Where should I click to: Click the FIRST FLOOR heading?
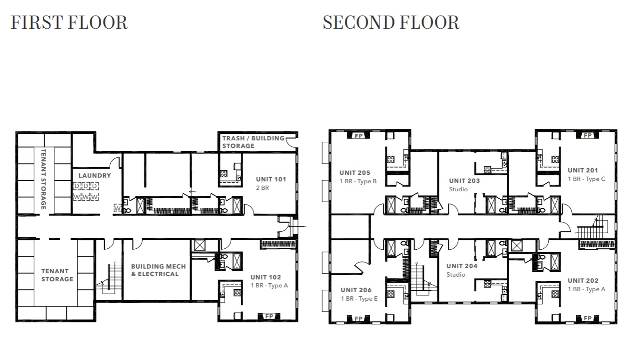[x=69, y=23]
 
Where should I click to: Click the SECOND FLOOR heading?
[x=390, y=23]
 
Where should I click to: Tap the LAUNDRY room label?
[x=95, y=175]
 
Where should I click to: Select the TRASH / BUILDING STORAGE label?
[x=253, y=142]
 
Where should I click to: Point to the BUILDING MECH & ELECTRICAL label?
[x=158, y=270]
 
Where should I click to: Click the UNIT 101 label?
[x=271, y=179]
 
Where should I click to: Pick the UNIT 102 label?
[x=266, y=278]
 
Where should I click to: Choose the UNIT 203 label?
[x=464, y=180]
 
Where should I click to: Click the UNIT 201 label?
[x=583, y=171]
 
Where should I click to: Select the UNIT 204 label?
[x=462, y=266]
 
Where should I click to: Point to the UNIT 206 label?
[x=356, y=290]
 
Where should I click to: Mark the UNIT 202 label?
[x=583, y=281]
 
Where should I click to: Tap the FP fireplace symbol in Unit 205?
[x=358, y=136]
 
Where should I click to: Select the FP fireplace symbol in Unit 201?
[x=587, y=136]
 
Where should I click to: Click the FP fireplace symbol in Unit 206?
[x=358, y=319]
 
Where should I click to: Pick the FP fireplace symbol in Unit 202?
[x=587, y=319]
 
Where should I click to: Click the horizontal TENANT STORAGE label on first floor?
[x=57, y=275]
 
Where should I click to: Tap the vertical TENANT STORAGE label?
[x=44, y=179]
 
